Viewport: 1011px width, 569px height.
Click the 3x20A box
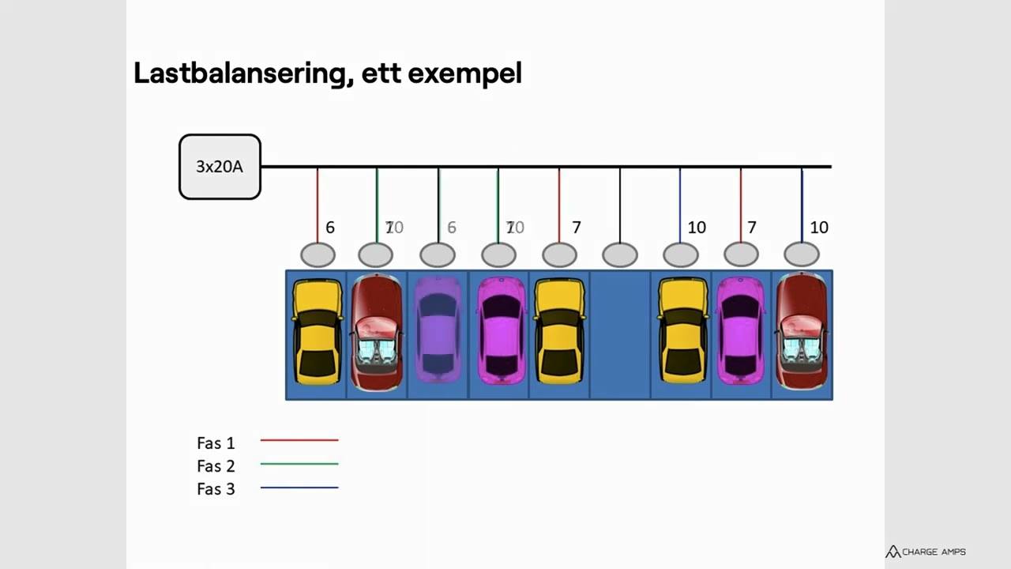pyautogui.click(x=220, y=167)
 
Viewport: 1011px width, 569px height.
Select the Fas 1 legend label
pyautogui.click(x=216, y=443)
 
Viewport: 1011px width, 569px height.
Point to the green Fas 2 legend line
pyautogui.click(x=299, y=464)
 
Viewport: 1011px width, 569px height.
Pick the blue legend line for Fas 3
pyautogui.click(x=299, y=488)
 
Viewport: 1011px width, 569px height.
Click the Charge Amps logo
pyautogui.click(x=925, y=552)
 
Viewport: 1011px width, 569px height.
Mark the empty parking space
pyautogui.click(x=620, y=334)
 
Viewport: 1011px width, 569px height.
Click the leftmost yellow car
pyautogui.click(x=318, y=332)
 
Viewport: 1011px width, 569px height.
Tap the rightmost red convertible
pyautogui.click(x=802, y=332)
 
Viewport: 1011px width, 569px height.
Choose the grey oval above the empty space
pyautogui.click(x=620, y=255)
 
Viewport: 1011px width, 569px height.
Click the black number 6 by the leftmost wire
pyautogui.click(x=330, y=228)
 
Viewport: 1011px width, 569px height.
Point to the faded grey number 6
pyautogui.click(x=452, y=228)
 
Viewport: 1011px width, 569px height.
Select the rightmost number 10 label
pyautogui.click(x=819, y=228)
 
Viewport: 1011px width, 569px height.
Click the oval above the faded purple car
pyautogui.click(x=438, y=255)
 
